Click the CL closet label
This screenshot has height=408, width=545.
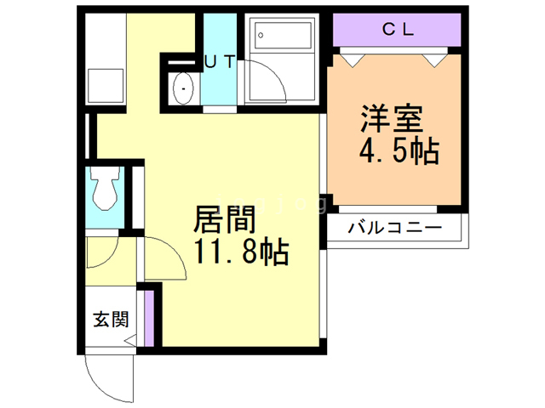(397, 30)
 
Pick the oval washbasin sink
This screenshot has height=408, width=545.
(183, 87)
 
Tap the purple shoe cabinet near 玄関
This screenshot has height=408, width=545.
(149, 319)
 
